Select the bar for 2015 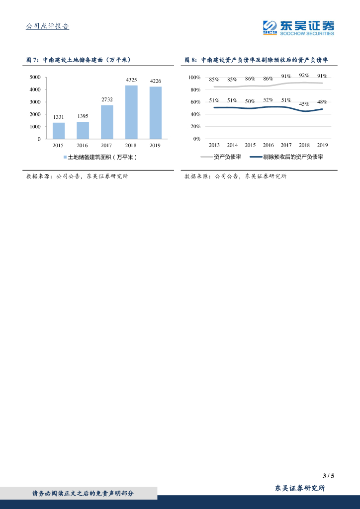point(59,131)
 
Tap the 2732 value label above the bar point(107,99)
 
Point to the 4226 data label point(156,81)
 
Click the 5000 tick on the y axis point(35,77)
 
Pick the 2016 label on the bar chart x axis point(83,145)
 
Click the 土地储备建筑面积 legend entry point(99,157)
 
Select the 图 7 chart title point(78,60)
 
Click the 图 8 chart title point(256,60)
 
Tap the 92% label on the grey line point(304,75)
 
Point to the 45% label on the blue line point(304,104)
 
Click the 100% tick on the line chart point(194,78)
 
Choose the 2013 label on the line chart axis point(214,145)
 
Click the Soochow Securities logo point(298,27)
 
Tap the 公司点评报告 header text point(47,26)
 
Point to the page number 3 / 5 point(328,475)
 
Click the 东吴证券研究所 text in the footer point(300,488)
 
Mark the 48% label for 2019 point(322,102)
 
